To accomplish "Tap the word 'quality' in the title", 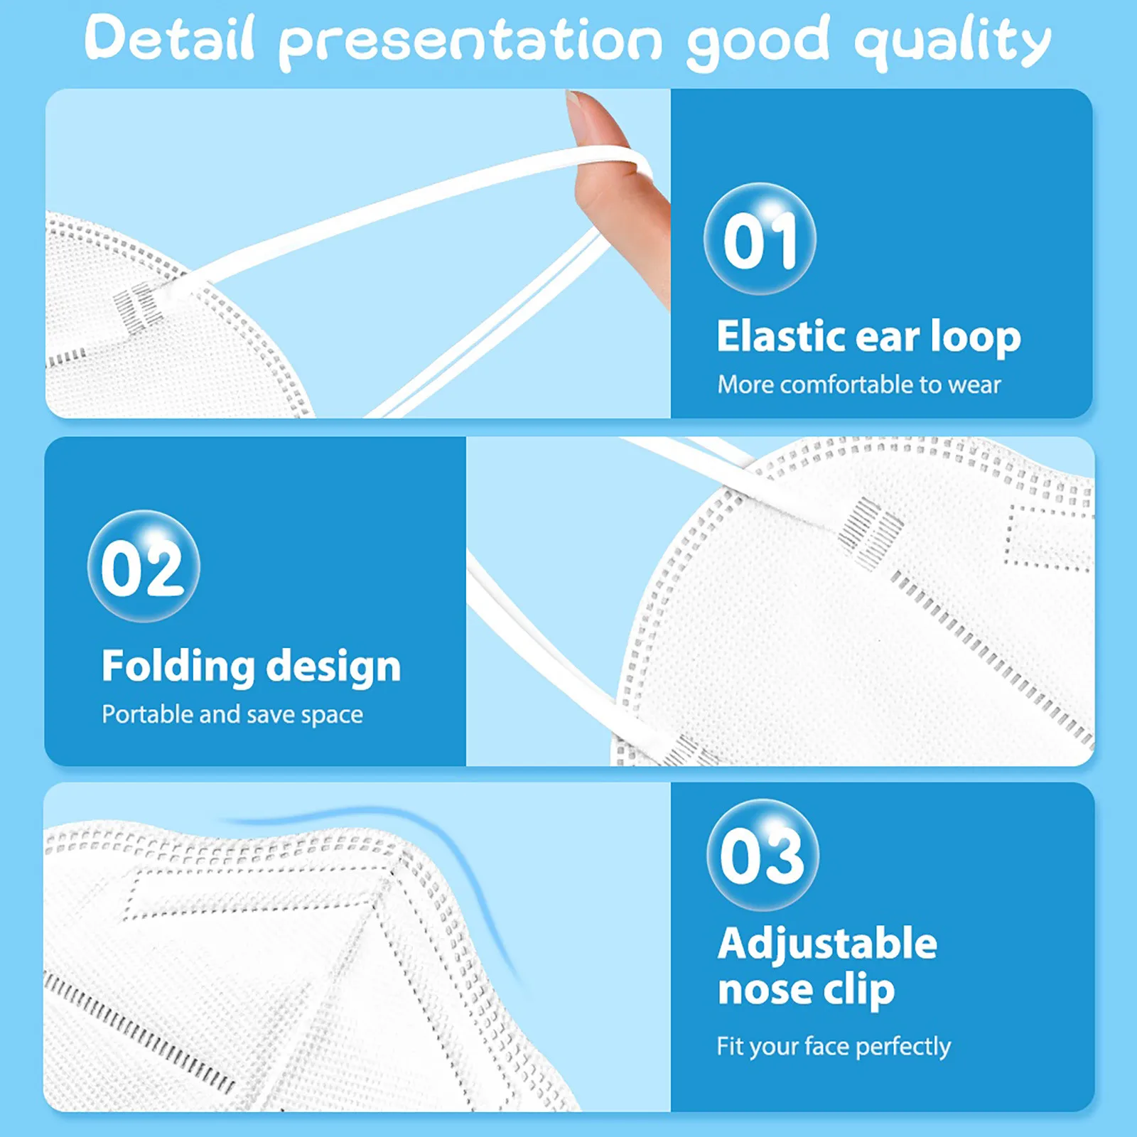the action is click(x=952, y=43).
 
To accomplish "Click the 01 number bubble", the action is click(x=760, y=239).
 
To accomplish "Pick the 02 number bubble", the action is click(x=144, y=566).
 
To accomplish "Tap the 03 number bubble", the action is click(x=763, y=855).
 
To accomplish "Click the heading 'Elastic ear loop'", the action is click(x=868, y=336).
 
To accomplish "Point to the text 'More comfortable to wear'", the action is click(x=858, y=384).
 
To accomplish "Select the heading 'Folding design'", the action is click(x=252, y=667).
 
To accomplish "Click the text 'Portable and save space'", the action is click(x=232, y=714).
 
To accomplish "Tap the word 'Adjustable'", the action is click(x=827, y=944).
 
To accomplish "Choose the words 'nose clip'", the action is click(x=806, y=990).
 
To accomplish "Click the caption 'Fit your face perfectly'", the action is click(x=834, y=1046).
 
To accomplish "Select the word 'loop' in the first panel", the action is click(x=976, y=337).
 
